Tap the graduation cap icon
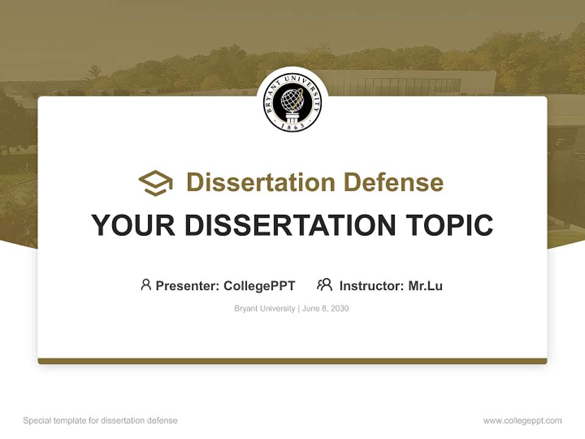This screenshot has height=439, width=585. click(155, 183)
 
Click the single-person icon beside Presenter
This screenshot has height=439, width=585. click(146, 285)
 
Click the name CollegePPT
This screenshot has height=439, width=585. click(260, 285)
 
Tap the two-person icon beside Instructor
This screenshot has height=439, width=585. click(324, 285)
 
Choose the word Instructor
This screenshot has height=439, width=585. click(372, 285)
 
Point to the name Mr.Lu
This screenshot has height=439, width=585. click(425, 285)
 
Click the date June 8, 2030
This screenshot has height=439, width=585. click(325, 309)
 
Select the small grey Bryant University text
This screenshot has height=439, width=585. click(264, 309)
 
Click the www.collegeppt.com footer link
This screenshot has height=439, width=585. click(522, 421)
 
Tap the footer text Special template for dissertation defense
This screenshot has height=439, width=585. click(101, 421)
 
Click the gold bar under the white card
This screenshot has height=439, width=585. click(292, 361)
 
